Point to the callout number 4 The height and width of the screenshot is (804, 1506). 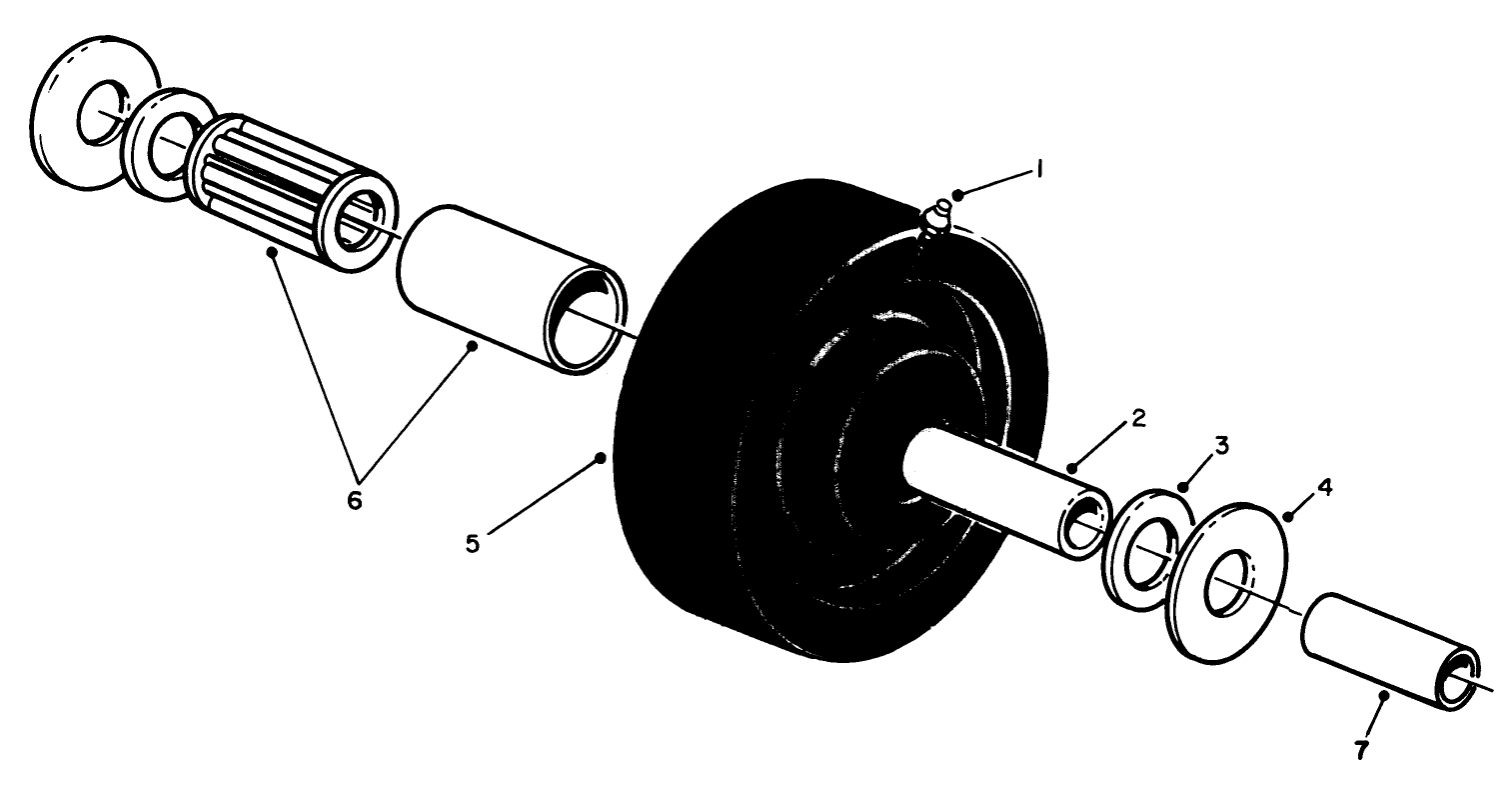coord(1323,487)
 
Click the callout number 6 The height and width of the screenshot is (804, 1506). coord(354,498)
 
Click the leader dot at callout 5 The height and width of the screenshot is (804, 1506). coord(601,456)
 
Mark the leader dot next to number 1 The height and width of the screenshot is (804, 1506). coord(957,192)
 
